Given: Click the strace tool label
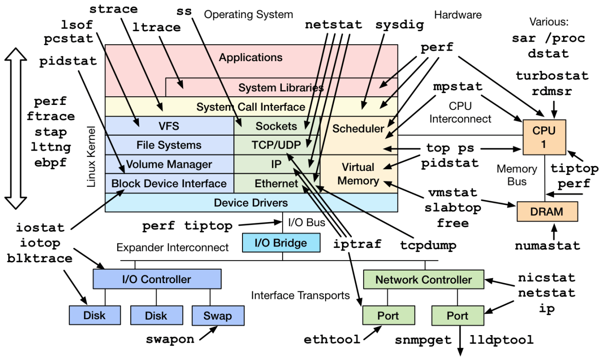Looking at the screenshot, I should coord(114,9).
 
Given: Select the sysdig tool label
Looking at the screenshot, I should coord(399,25).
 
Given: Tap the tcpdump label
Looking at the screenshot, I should coord(428,245).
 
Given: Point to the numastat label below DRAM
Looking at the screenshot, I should coord(547,246).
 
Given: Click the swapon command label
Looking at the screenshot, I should coord(170,339).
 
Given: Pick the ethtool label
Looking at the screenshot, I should coord(332,339).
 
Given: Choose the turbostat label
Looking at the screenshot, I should coord(552,76).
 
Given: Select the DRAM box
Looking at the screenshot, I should coord(547,211).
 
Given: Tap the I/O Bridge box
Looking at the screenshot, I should coord(281,243).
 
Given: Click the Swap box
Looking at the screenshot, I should coord(218,315).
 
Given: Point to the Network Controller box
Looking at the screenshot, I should coord(423,279).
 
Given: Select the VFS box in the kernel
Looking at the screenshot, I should coord(169,126).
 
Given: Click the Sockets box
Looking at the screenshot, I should coord(276,126).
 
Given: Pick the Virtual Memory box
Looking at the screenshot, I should coord(358,174).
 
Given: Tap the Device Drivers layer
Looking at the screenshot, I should coord(251,203).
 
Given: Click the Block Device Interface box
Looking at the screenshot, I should coord(169,184).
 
